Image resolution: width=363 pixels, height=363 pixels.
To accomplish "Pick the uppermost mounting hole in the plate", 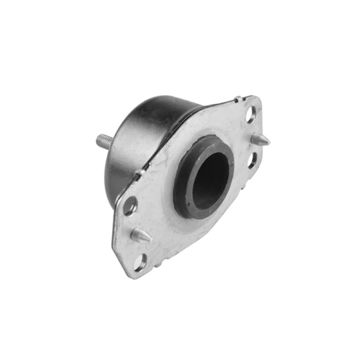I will (251, 115).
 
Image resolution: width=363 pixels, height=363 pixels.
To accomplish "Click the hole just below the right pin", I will (252, 160).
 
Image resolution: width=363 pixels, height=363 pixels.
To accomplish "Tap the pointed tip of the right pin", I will (269, 142).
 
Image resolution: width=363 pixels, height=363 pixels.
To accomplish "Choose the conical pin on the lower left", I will (140, 235).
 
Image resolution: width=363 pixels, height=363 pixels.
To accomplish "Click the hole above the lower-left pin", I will (130, 206).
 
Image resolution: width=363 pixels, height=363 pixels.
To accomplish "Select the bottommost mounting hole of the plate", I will (140, 262).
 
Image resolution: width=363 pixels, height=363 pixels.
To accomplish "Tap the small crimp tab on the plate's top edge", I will (238, 98).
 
